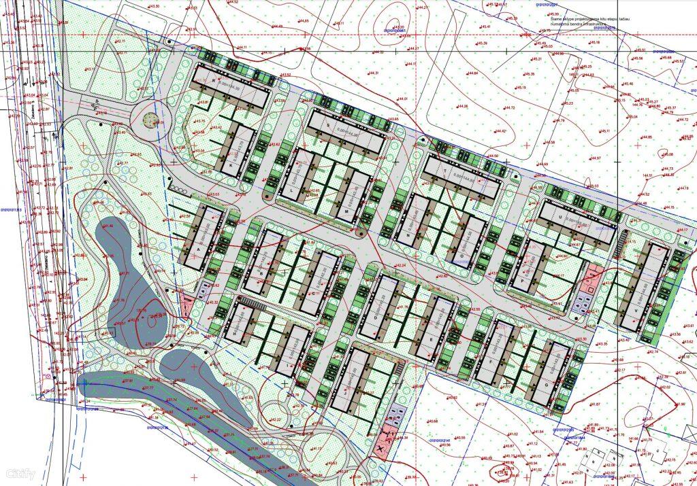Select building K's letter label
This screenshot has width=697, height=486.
click(231, 165)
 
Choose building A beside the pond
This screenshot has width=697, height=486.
click(199, 249)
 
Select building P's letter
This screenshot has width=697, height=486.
click(523, 279)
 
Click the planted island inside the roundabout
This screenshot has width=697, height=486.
click(151, 121)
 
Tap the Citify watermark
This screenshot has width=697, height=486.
click(20, 473)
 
